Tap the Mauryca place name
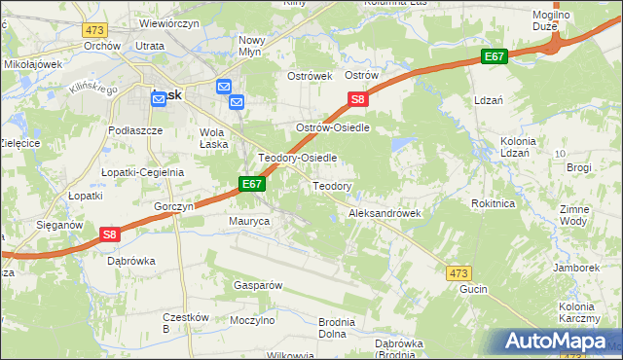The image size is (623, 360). coord(248,222)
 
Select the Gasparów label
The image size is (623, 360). coord(257,285)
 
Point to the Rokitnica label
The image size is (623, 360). coord(492,204)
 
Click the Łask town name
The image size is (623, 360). coord(166,94)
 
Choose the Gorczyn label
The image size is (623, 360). coord(175,207)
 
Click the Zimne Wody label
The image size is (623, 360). coord(575,215)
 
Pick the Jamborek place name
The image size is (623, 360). coord(576,268)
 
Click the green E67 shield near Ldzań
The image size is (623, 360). coord(494,57)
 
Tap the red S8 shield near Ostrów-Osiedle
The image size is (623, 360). coord(357,99)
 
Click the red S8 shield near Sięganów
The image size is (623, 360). coord(110,234)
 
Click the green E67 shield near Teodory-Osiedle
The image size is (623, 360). coord(251,184)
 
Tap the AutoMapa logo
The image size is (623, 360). coord(559,341)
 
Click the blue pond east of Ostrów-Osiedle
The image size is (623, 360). coord(401,144)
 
